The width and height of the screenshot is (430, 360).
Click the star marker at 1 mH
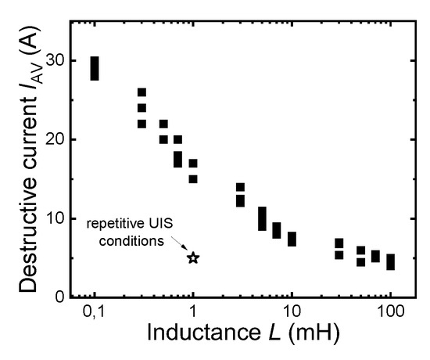pos(193,257)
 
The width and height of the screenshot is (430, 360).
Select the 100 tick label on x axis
pos(390,314)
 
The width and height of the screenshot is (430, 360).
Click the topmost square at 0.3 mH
pos(142,92)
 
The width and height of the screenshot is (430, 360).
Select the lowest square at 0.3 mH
pos(142,124)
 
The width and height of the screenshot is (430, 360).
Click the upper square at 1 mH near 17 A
pos(193,164)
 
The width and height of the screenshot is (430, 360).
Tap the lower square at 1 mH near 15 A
pos(193,179)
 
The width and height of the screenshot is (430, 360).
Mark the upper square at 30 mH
pos(339,243)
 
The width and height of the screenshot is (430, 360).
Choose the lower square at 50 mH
pos(360,262)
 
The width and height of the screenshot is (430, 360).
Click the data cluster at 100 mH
pos(390,261)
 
